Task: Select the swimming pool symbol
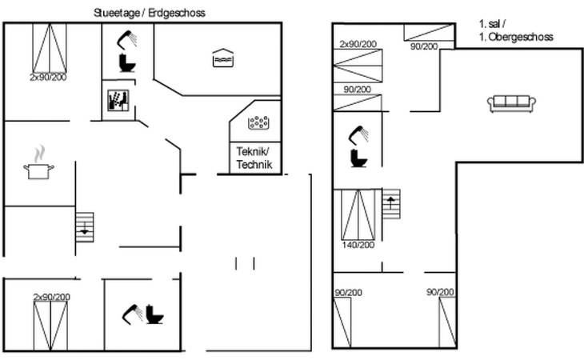click(222, 58)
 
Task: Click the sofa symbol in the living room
click(510, 102)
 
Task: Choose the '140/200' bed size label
click(358, 245)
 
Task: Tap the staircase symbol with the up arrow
click(390, 203)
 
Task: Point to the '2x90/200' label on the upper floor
click(358, 44)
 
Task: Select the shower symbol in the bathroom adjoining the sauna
click(125, 38)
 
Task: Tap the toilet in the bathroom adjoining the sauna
click(126, 62)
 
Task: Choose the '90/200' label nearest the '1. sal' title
click(423, 46)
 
